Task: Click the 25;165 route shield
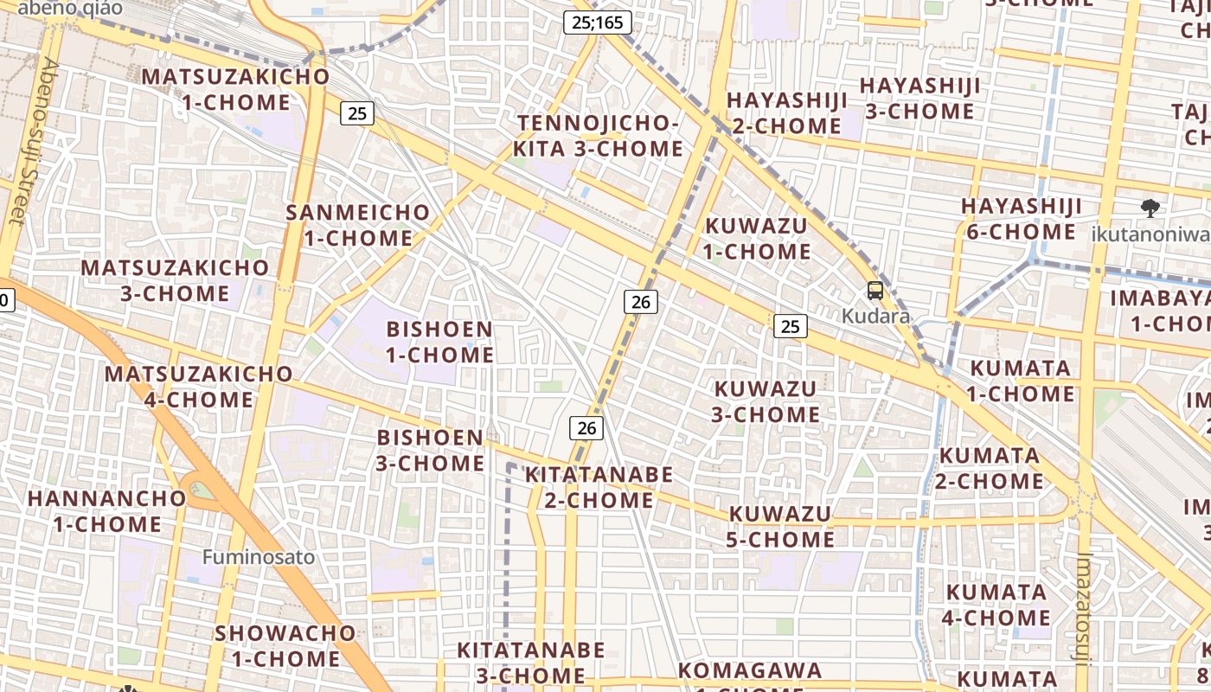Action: [596, 22]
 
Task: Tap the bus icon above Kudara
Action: [875, 291]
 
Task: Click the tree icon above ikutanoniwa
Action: [1150, 208]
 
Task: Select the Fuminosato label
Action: [259, 556]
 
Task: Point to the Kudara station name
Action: [876, 316]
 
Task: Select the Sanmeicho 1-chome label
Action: [358, 225]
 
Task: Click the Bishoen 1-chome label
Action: [439, 342]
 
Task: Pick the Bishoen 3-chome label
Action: [430, 450]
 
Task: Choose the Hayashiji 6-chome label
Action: [1022, 219]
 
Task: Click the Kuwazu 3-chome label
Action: [766, 401]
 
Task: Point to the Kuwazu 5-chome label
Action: [781, 527]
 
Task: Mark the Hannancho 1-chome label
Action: [107, 511]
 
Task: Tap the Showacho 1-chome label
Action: [285, 645]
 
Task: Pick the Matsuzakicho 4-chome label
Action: [199, 387]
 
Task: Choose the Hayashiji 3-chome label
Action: [919, 99]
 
